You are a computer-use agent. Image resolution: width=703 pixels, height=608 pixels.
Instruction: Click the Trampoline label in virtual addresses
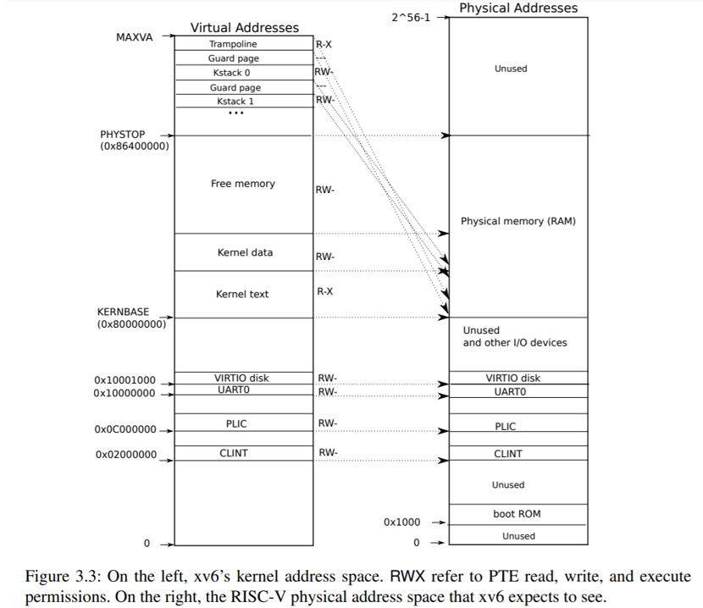click(233, 44)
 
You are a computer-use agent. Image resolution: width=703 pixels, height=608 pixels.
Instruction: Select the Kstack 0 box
click(231, 73)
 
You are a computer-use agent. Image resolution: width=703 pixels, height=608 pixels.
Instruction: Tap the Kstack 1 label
click(235, 102)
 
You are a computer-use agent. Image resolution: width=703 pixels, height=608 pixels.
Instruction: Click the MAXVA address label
click(134, 38)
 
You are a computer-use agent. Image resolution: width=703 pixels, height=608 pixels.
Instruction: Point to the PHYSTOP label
click(123, 135)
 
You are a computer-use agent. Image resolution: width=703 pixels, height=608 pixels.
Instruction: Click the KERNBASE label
click(123, 312)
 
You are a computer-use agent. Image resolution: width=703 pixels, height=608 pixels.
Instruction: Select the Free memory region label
click(243, 184)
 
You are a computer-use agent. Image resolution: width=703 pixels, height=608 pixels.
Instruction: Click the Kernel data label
click(245, 252)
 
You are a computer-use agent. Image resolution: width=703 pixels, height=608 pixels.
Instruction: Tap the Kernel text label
click(242, 294)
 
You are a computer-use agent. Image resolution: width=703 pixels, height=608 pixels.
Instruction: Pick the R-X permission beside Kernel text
click(324, 291)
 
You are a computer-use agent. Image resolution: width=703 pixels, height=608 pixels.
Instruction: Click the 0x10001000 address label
click(125, 380)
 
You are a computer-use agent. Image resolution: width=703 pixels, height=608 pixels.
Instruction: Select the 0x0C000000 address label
click(125, 429)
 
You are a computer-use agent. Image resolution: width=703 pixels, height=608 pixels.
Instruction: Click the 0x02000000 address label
click(125, 455)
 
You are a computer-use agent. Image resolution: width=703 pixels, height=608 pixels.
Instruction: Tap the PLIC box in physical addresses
click(506, 427)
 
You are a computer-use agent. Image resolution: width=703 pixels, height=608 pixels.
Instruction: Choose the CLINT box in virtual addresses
click(234, 453)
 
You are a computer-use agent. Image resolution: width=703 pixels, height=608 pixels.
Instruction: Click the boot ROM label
click(517, 514)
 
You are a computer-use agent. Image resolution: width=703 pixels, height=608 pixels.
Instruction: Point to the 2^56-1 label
click(411, 17)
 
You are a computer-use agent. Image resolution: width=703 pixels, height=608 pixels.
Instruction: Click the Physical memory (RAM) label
click(518, 221)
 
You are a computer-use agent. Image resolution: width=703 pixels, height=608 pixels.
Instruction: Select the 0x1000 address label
click(401, 522)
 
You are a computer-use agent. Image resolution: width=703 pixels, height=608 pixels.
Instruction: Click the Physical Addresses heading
click(518, 8)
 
